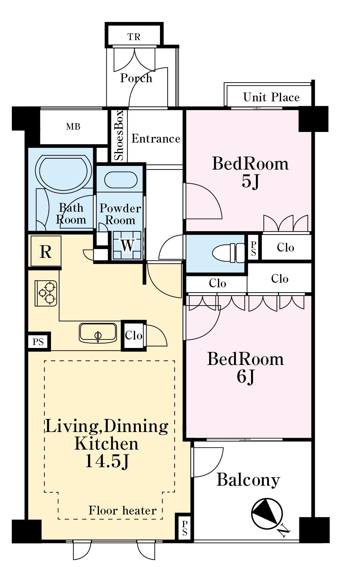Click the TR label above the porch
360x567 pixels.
pos(134,37)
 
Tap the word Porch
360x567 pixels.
pos(136,78)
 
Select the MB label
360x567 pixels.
pos(73,127)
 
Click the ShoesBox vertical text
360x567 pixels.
pos(119,135)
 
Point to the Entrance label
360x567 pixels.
pos(156,139)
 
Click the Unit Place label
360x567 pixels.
pos(271,97)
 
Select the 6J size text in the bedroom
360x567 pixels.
pos(246,377)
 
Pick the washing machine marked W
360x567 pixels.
pos(127,245)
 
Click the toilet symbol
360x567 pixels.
pos(228,253)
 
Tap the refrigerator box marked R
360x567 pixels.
pos(46,251)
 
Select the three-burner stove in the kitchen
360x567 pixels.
pos(46,293)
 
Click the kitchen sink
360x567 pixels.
pos(98,332)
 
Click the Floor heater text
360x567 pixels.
pos(123,511)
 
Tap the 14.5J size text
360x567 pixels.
pos(107,461)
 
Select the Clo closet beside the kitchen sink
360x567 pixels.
pos(134,336)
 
